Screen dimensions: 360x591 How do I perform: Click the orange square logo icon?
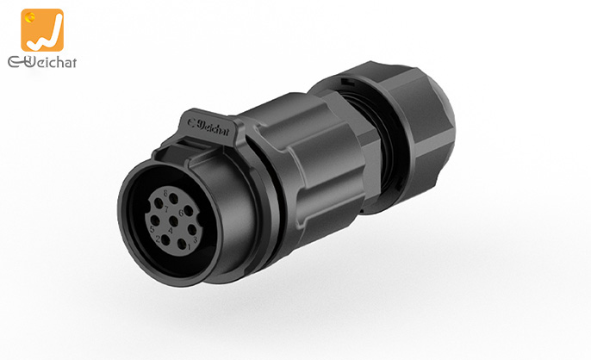42,30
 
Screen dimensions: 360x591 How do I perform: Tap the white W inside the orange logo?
44,35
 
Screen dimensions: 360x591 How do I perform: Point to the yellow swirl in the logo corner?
30,16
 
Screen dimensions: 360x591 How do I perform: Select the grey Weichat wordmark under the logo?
41,62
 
